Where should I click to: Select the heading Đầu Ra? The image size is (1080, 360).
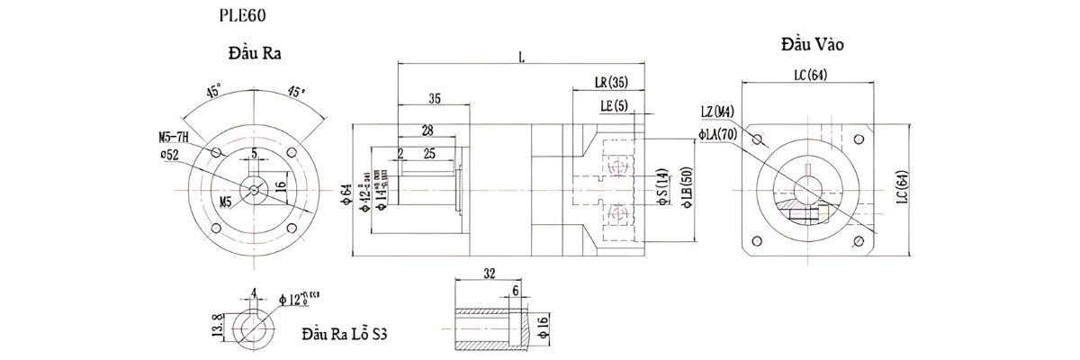click(x=256, y=53)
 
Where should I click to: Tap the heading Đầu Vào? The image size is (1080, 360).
click(x=812, y=44)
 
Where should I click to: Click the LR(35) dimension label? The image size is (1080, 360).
click(x=611, y=83)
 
